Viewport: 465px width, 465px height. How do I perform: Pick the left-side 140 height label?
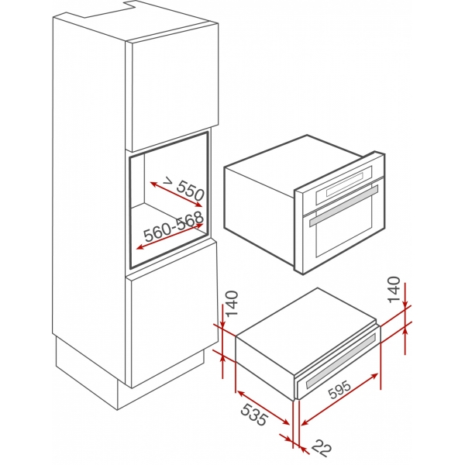coord(230,307)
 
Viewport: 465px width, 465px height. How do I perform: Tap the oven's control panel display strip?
coord(348,188)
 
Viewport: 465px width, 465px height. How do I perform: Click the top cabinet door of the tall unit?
coord(170,85)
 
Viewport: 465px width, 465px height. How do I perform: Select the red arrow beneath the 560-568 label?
coord(170,236)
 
